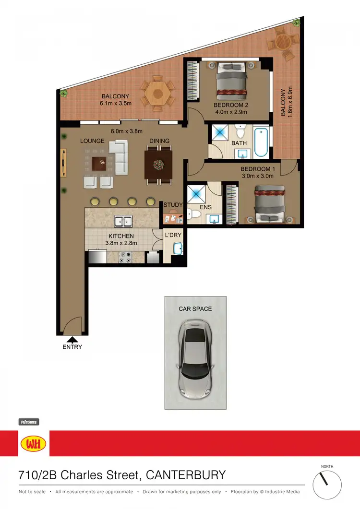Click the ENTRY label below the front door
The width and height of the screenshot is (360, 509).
click(x=72, y=347)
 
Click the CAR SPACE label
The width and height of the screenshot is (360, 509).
click(x=195, y=309)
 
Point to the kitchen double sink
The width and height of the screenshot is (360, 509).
click(x=123, y=222)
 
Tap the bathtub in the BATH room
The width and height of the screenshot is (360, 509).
click(x=262, y=142)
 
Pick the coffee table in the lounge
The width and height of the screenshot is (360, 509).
click(x=100, y=164)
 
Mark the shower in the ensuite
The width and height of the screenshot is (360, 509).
click(x=197, y=194)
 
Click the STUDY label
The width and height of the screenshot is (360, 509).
click(x=173, y=205)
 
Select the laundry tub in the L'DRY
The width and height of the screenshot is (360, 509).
click(x=178, y=249)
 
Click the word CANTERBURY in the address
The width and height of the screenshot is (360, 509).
click(x=185, y=475)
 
